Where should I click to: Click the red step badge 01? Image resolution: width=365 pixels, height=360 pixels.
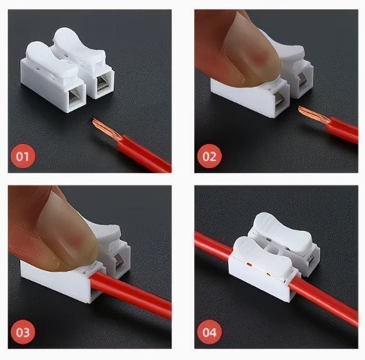[x=23, y=156]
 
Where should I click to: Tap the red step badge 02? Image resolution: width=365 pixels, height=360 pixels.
[x=209, y=156]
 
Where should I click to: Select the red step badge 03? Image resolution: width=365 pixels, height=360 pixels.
[x=23, y=332]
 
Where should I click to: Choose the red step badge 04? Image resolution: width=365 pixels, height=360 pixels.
[x=209, y=332]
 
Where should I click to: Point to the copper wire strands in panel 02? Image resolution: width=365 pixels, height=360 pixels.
[x=314, y=114]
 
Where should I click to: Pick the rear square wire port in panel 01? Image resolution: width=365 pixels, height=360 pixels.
[x=103, y=82]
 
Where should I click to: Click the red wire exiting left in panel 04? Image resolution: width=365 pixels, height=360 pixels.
[x=213, y=245]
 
